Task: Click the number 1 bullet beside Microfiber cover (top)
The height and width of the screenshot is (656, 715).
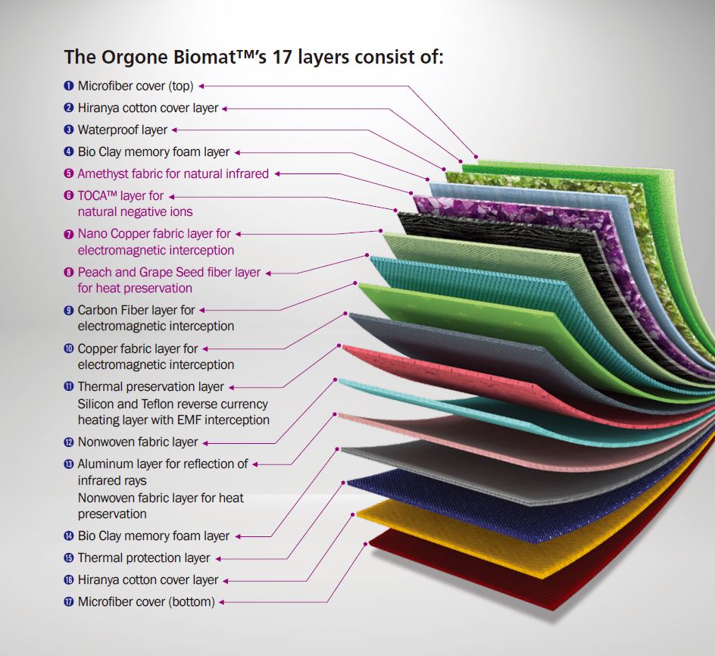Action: (69, 86)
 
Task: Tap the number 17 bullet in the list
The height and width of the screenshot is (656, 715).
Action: (69, 602)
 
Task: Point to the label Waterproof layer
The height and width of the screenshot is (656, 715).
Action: (122, 130)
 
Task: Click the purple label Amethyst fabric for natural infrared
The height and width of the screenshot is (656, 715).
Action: (173, 174)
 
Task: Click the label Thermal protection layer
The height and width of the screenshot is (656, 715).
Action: (144, 558)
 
